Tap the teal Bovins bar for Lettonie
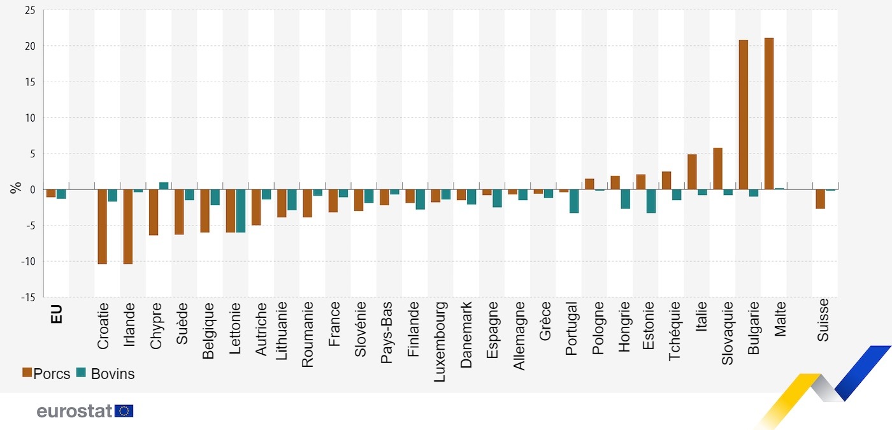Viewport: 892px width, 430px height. (241, 211)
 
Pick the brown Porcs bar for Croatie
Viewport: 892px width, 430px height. (102, 226)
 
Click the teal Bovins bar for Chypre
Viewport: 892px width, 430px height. (164, 186)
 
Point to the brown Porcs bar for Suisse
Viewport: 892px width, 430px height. (820, 199)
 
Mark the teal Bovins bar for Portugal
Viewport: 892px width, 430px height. (574, 201)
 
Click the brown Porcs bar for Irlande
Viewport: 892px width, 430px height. (127, 226)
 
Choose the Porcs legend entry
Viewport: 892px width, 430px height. (47, 374)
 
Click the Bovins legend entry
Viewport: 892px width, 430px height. (106, 374)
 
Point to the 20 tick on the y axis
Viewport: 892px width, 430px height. (29, 46)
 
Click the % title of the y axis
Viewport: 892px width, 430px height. (15, 189)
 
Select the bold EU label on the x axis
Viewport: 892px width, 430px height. (56, 313)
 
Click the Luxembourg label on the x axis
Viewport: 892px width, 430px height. (440, 341)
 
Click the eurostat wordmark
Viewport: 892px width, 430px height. (75, 411)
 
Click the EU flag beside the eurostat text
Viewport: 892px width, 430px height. (124, 411)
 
